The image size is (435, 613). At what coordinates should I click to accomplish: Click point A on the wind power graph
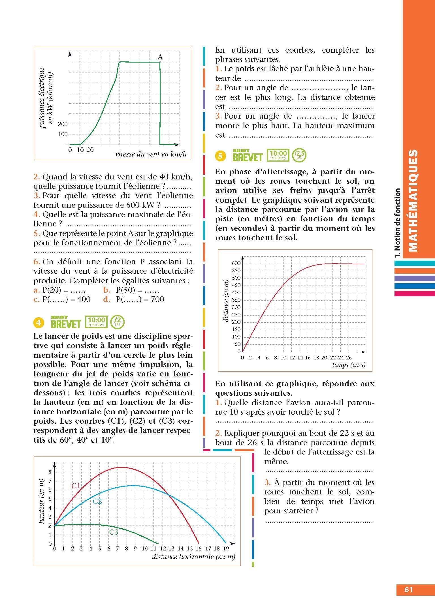point(160,61)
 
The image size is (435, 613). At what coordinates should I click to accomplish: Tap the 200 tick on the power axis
point(63,124)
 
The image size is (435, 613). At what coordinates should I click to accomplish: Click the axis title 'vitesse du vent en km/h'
point(151,154)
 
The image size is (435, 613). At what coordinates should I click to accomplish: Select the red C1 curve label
point(76,486)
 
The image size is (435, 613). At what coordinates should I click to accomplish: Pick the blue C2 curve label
point(97,501)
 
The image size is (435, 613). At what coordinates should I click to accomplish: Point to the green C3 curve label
point(114,532)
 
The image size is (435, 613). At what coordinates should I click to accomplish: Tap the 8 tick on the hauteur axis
point(50,472)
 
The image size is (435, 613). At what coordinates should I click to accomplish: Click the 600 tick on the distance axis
point(236,263)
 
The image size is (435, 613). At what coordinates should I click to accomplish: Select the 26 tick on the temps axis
point(349,357)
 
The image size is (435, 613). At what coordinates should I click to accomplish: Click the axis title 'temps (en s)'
point(349,365)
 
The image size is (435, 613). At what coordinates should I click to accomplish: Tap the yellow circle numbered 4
point(39,323)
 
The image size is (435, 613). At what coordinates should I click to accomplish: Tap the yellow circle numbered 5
point(221,156)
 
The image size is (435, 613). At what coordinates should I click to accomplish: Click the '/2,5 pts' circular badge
point(299,155)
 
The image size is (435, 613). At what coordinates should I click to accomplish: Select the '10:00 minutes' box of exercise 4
point(97,322)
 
